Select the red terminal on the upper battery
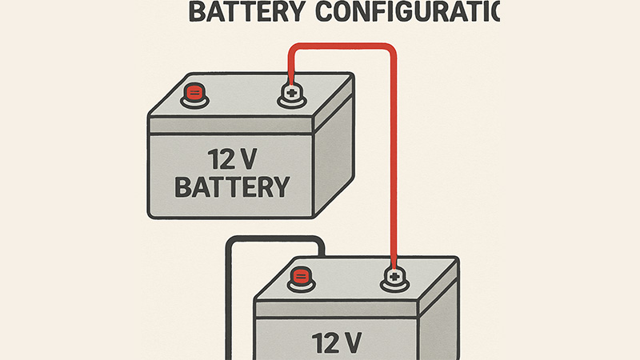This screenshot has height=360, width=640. tap(194, 94)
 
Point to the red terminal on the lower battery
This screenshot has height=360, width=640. tap(301, 278)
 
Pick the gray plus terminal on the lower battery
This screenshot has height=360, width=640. tap(393, 278)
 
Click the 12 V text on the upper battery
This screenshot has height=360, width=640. tap(230, 158)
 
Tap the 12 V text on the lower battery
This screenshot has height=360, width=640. tap(336, 342)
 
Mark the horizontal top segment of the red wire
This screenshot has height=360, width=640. tap(342, 46)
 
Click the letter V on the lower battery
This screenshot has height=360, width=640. tap(351, 342)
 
